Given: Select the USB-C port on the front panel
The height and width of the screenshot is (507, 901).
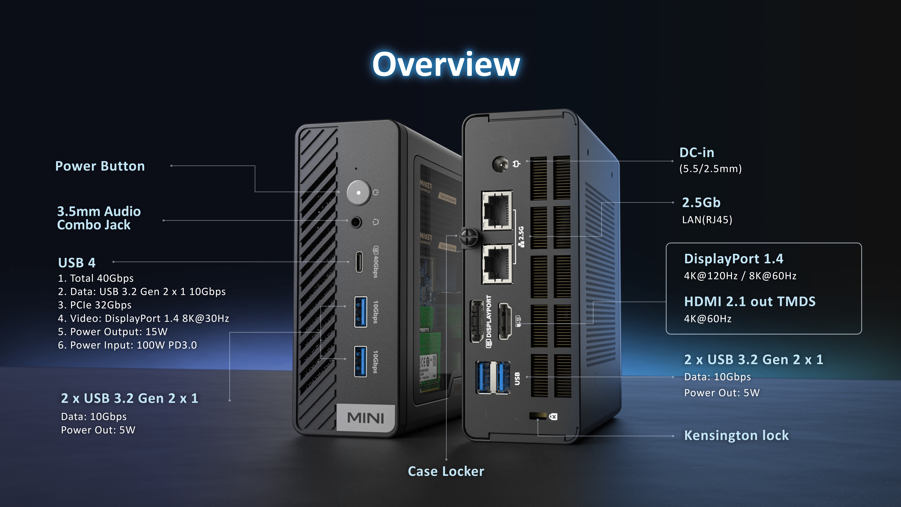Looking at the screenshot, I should pos(359,261).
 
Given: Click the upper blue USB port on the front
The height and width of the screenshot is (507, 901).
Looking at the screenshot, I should pos(361,311).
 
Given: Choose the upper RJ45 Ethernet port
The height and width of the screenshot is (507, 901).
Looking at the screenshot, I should pos(497,210).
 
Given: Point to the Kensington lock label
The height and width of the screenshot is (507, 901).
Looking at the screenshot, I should pos(736,435).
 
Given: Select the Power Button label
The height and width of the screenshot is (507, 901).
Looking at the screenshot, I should pos(100,166).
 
